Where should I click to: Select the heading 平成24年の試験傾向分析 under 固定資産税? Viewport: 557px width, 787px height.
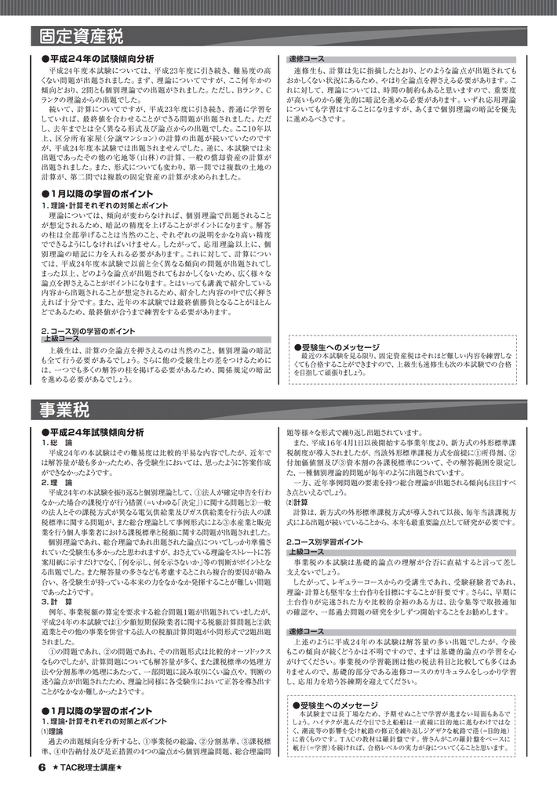point(101,60)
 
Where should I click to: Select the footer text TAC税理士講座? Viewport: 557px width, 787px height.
point(89,768)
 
